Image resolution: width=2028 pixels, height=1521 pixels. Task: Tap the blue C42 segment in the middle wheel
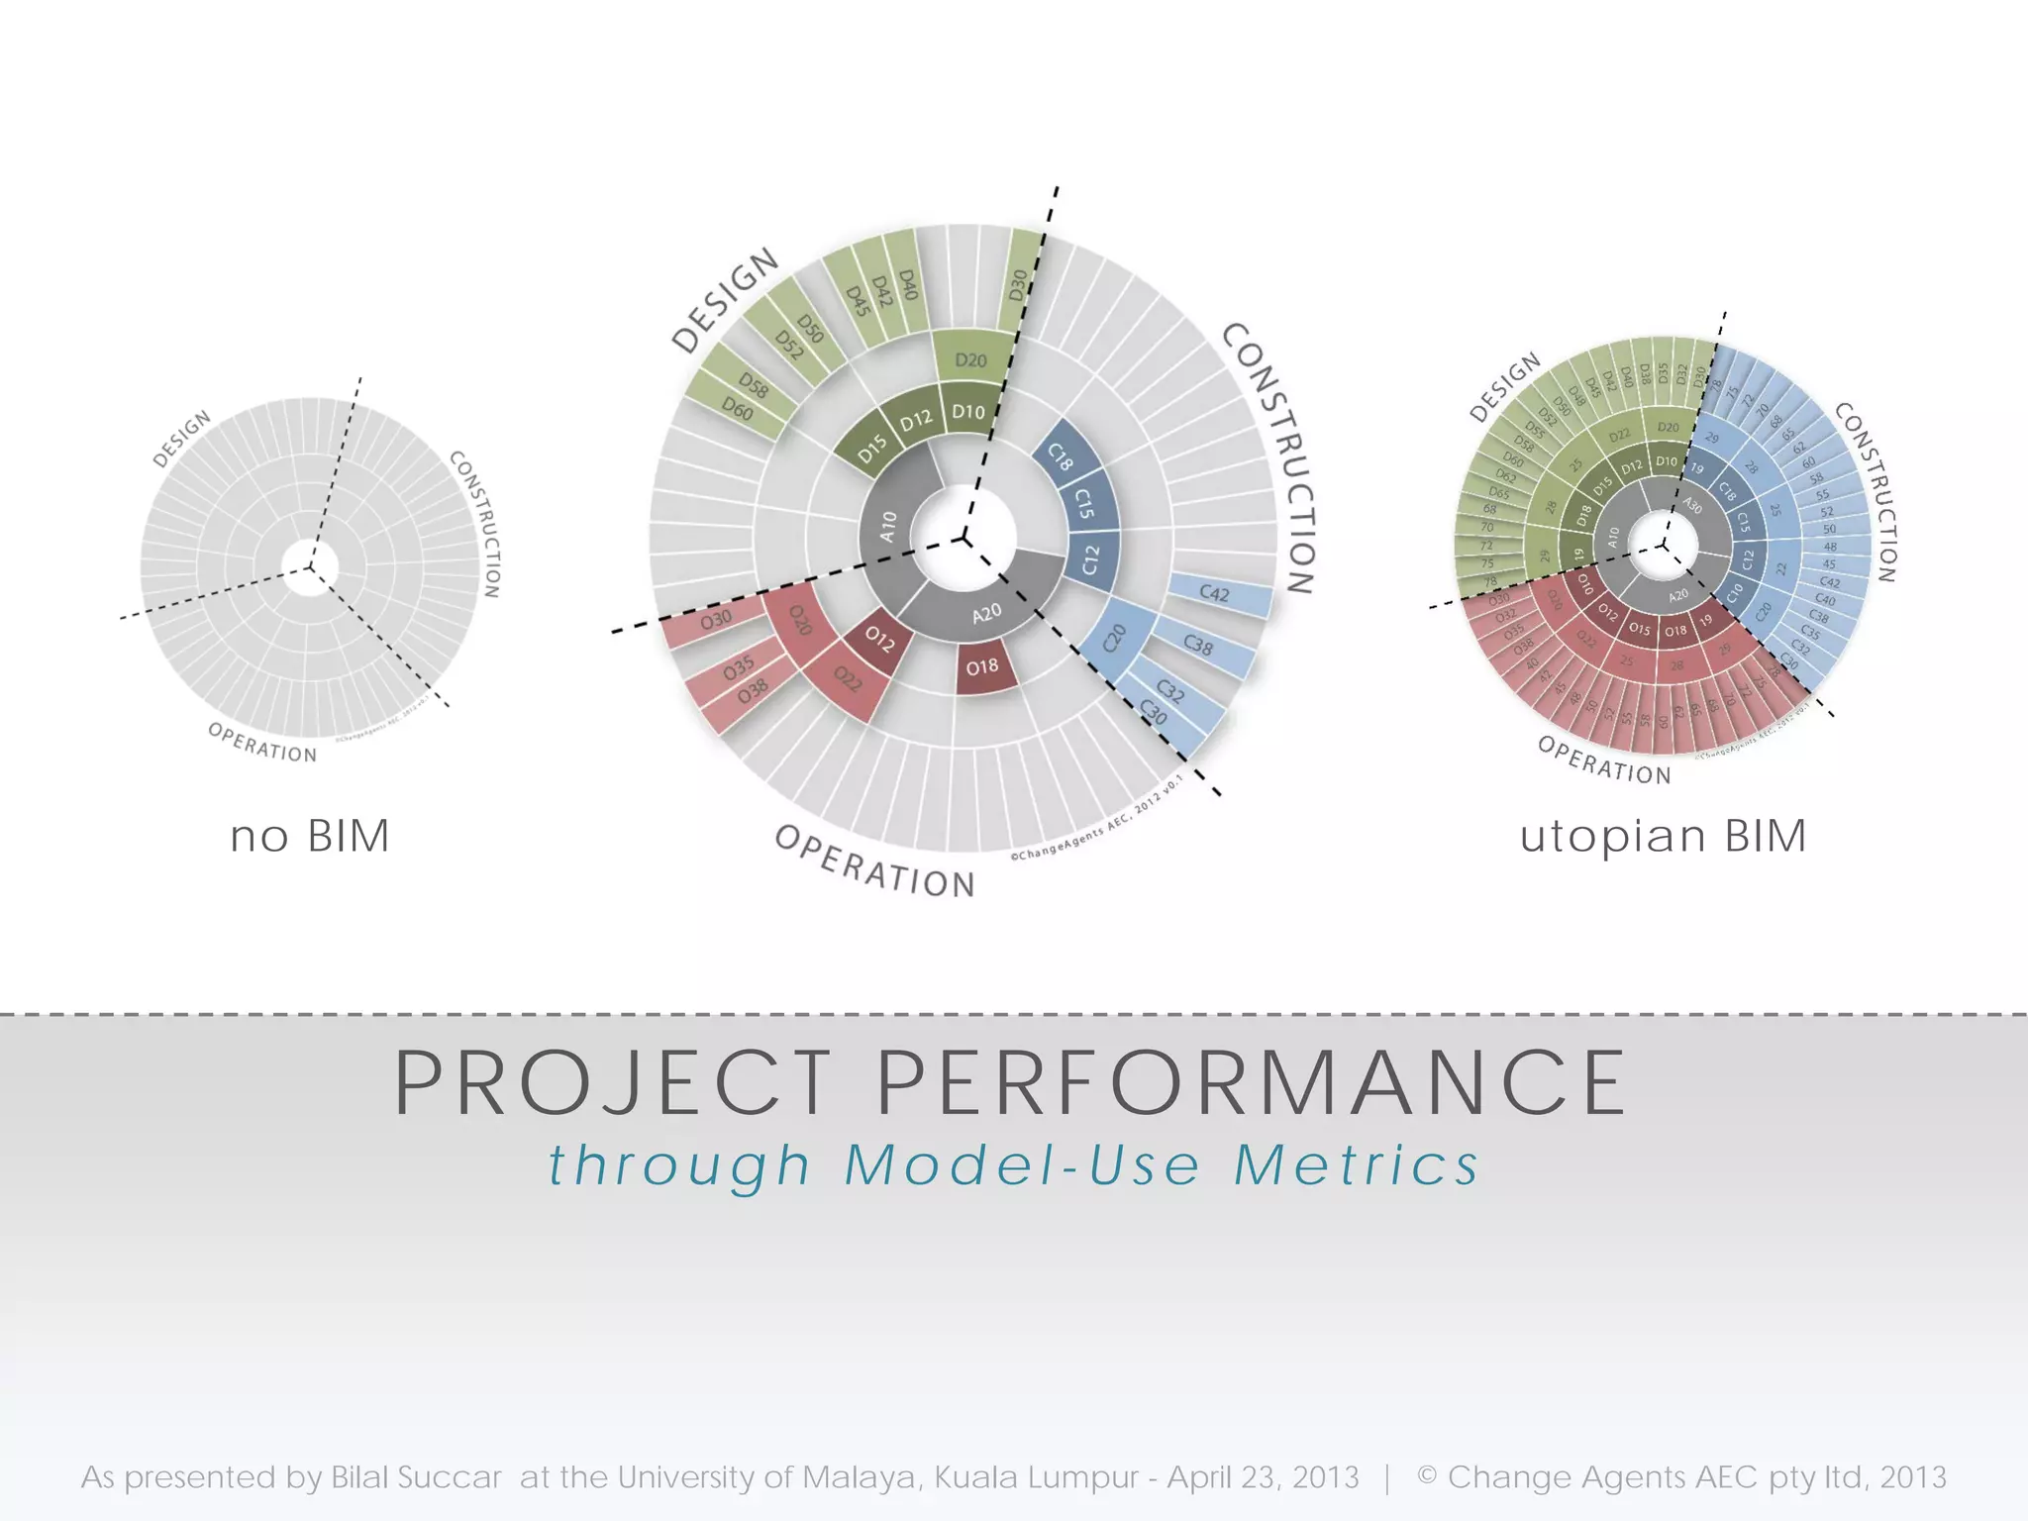(x=1215, y=594)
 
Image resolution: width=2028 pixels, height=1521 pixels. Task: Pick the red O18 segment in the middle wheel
(x=983, y=667)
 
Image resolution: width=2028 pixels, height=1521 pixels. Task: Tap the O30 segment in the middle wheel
(x=715, y=620)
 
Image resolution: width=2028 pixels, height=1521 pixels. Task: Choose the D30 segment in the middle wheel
(x=1019, y=286)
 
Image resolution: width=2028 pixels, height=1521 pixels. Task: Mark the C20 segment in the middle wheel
(x=1115, y=639)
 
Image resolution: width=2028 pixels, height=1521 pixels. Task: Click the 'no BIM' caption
(x=310, y=837)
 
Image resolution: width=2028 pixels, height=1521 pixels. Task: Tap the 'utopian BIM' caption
(x=1664, y=837)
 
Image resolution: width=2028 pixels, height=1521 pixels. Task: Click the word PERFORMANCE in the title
(x=1252, y=1084)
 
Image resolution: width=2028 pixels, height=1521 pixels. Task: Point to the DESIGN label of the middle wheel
(x=725, y=301)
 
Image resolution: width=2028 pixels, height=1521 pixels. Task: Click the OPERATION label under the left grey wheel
(x=262, y=743)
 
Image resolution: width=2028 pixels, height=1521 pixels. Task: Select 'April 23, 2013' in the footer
(x=1264, y=1478)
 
